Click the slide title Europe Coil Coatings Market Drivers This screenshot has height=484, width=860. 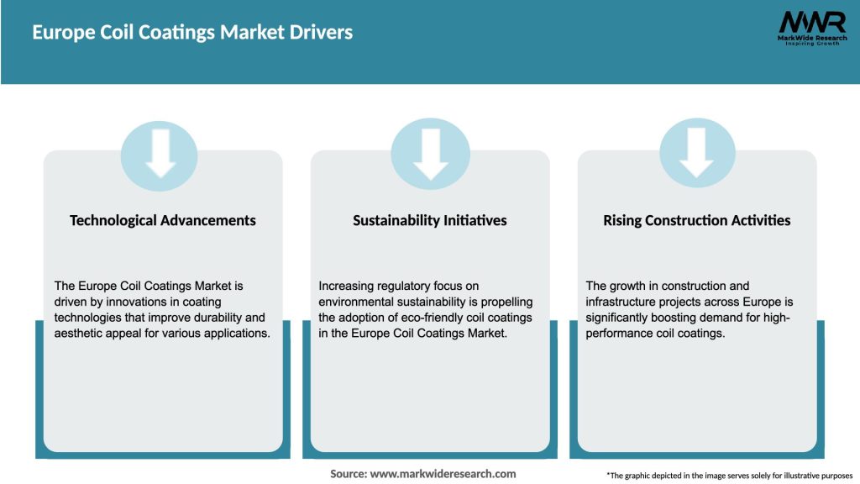click(x=192, y=33)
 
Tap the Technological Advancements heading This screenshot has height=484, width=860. click(x=163, y=220)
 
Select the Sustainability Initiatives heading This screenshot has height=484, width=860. click(x=430, y=220)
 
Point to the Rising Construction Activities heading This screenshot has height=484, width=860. click(x=697, y=220)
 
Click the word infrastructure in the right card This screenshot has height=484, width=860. click(x=622, y=302)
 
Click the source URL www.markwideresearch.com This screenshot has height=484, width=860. click(x=443, y=474)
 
